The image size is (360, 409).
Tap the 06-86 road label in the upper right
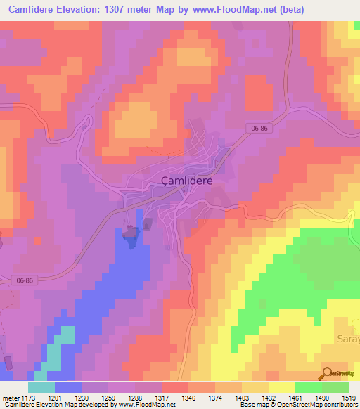[259, 128]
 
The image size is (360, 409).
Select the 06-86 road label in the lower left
[24, 280]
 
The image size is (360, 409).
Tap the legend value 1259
[108, 397]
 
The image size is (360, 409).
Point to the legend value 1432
[269, 397]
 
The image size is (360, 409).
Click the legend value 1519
[347, 397]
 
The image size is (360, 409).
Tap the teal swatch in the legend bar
[41, 387]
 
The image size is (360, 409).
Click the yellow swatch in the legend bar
[282, 387]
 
